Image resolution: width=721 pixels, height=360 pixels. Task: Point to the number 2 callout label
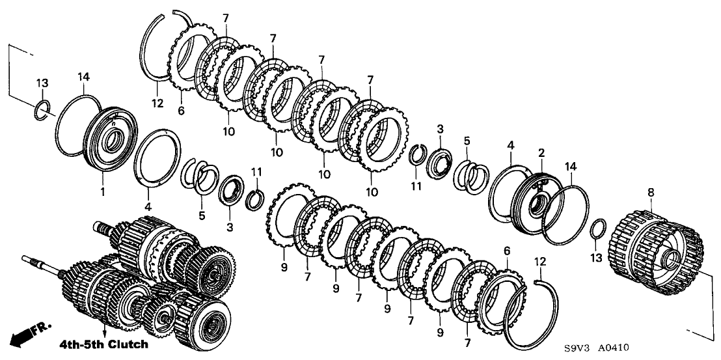[540, 152]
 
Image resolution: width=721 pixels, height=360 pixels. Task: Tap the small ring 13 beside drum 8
[599, 230]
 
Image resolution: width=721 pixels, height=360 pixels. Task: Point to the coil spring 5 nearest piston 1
[199, 176]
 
